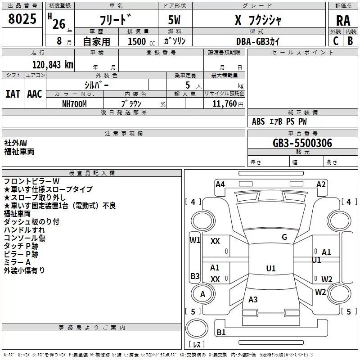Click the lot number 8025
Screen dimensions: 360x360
(22, 19)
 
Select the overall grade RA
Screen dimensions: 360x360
(343, 21)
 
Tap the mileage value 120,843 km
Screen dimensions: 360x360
(53, 65)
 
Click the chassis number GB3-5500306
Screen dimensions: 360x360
(302, 143)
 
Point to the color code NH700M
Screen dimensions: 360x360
(74, 104)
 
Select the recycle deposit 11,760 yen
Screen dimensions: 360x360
(228, 104)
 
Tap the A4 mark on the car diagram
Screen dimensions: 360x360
(220, 184)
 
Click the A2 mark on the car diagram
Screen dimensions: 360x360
(321, 184)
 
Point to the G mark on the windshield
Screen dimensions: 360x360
(284, 237)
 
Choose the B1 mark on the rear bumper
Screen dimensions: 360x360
(221, 332)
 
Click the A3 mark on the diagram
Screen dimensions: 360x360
(253, 299)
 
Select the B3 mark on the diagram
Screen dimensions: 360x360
(195, 276)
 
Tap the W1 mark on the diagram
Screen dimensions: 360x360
(195, 240)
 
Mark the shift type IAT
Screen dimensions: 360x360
(13, 94)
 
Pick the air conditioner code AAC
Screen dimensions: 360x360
(35, 94)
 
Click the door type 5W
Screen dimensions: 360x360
(174, 20)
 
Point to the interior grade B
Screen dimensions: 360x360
(350, 41)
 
